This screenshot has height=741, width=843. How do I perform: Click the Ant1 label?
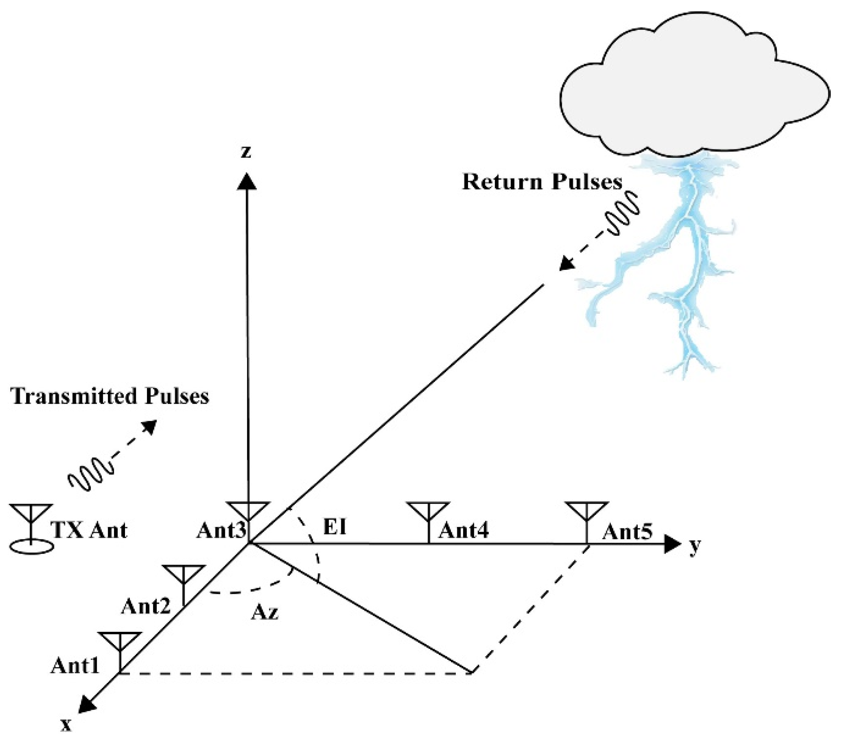click(75, 666)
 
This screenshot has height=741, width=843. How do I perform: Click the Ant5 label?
click(627, 532)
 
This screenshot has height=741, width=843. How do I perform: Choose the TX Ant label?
click(90, 530)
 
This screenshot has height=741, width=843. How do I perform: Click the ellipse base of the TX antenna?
click(31, 547)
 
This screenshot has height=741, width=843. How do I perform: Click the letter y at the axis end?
click(695, 546)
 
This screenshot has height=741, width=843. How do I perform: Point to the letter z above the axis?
click(246, 152)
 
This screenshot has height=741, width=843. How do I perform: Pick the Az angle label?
click(265, 613)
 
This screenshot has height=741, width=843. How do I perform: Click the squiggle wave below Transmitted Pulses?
click(91, 475)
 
